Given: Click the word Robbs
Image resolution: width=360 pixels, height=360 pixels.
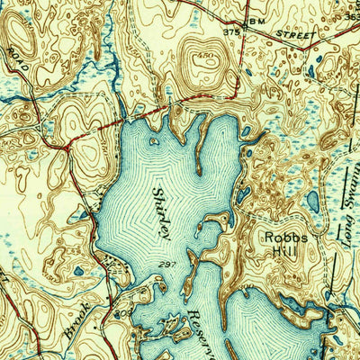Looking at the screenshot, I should pyautogui.click(x=284, y=238).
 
